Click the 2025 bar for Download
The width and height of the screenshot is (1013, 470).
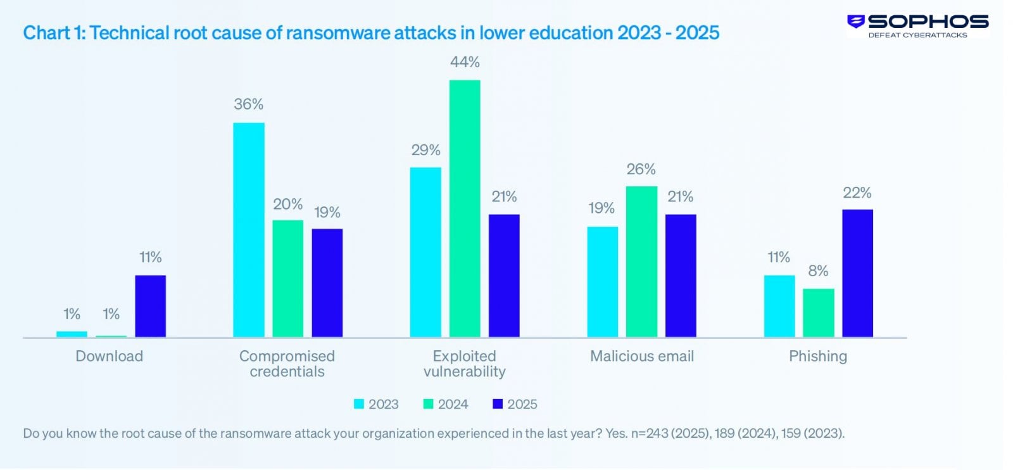coord(150,306)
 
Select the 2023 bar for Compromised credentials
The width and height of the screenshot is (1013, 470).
coord(249,229)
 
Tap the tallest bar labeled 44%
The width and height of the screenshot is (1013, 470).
coord(465,208)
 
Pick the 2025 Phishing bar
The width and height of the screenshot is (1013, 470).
coord(857,273)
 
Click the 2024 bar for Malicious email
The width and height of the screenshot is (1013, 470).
coord(641,261)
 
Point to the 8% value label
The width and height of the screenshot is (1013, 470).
coord(818,271)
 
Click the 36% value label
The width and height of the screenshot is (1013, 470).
coord(248,105)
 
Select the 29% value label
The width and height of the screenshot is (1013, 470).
coord(425,150)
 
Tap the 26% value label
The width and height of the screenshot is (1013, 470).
coord(641,169)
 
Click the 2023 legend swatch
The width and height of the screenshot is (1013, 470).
coord(359,404)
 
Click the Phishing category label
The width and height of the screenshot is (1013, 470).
coord(817,356)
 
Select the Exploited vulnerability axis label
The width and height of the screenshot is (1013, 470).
coord(464,364)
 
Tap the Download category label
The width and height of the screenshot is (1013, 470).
coord(109,356)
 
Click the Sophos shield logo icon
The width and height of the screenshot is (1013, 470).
coord(856,22)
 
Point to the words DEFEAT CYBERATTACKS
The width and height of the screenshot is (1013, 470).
coord(917,35)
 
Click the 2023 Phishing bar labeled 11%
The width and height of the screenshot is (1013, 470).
coord(779,306)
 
